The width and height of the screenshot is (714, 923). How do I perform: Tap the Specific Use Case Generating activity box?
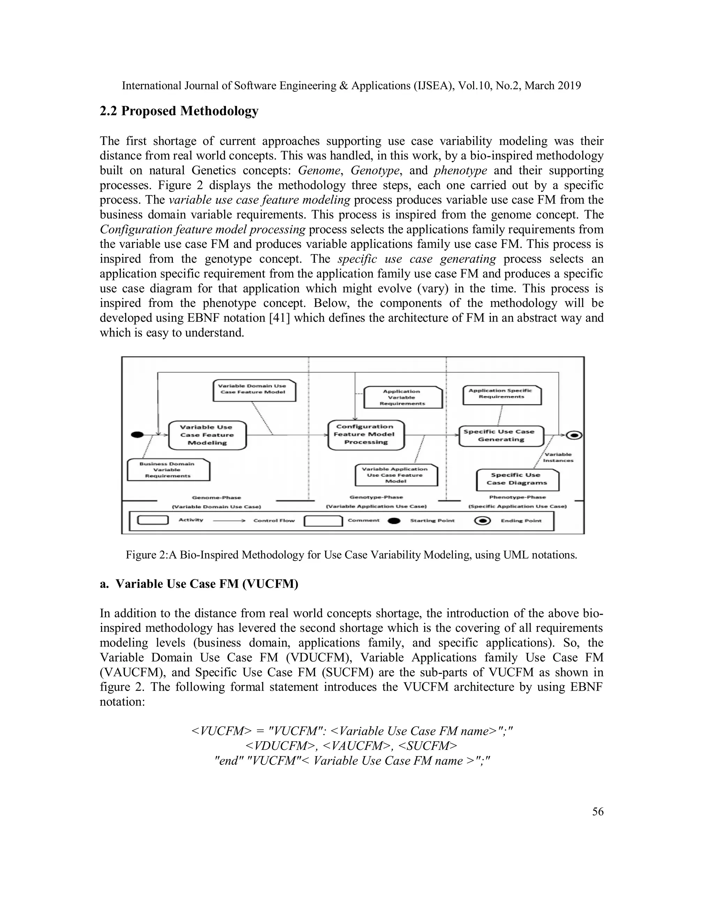pos(501,436)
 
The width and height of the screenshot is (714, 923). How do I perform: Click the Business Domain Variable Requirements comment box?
pos(168,470)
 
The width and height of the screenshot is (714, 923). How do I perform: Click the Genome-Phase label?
pos(216,498)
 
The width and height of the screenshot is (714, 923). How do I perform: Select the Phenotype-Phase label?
pos(517,497)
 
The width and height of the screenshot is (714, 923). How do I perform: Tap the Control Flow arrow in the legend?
pos(229,521)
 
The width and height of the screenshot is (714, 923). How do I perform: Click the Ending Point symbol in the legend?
pos(483,521)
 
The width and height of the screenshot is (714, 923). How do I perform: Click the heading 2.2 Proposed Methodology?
pos(179,111)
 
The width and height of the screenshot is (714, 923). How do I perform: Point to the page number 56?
pos(598,812)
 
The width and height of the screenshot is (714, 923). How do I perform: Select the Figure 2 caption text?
pos(351,555)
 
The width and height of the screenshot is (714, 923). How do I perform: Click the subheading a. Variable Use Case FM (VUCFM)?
pos(199,584)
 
